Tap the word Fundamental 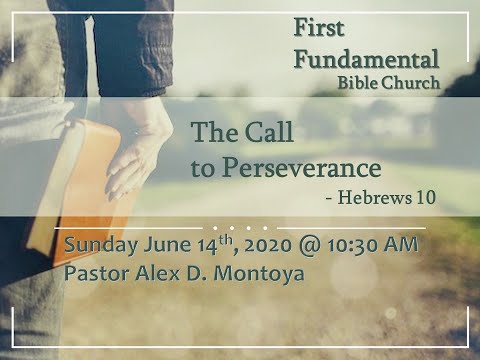click(366, 59)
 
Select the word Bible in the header click(364, 83)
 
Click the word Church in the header click(414, 83)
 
